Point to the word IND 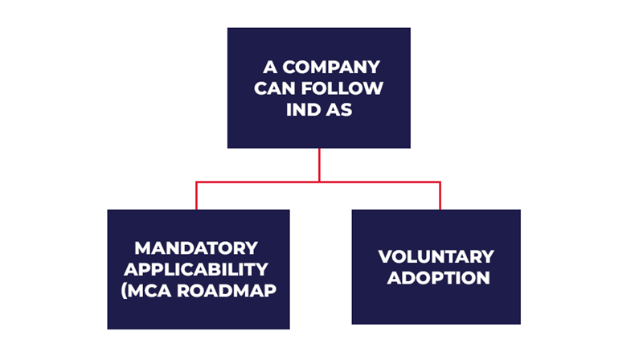(304, 109)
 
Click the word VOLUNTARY (436, 257)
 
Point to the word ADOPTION (436, 279)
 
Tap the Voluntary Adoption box (436, 305)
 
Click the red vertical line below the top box (319, 165)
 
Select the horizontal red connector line (257, 182)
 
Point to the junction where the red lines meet (319, 182)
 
